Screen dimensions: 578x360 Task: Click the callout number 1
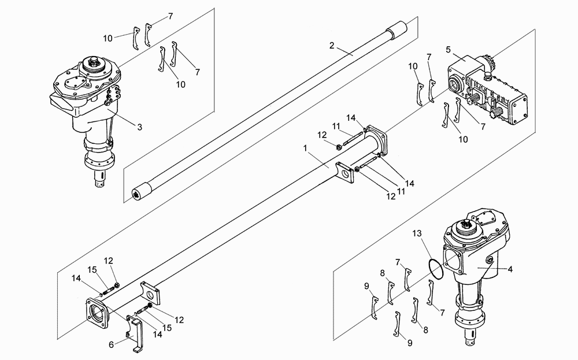click(x=305, y=148)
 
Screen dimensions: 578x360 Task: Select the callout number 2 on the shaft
click(x=332, y=45)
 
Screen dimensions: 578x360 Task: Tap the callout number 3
click(x=139, y=127)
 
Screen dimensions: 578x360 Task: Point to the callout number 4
click(x=510, y=269)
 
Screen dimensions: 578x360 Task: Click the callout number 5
click(x=448, y=50)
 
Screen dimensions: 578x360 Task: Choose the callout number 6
click(x=112, y=344)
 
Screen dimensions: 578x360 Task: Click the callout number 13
click(x=417, y=233)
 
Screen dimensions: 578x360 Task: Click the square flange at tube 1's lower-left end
click(x=97, y=313)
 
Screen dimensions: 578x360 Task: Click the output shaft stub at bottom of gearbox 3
click(x=100, y=179)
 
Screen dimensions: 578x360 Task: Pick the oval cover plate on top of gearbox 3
click(x=75, y=83)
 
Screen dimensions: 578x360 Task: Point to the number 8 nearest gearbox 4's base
click(x=425, y=330)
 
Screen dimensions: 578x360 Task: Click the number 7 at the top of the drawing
click(x=171, y=16)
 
